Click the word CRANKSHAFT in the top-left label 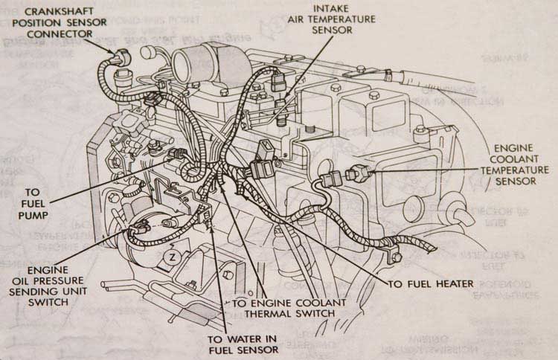[53, 11]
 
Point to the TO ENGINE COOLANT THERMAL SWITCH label [289, 308]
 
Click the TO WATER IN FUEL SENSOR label [242, 344]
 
